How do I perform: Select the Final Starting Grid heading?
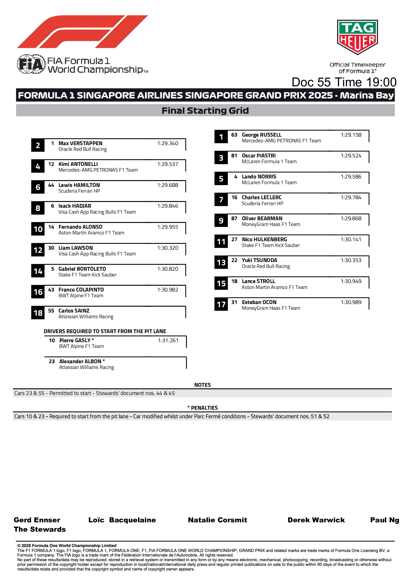click(x=205, y=111)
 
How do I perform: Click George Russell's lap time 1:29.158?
click(x=351, y=135)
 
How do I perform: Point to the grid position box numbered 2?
click(x=38, y=146)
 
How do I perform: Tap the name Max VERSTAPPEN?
click(x=81, y=143)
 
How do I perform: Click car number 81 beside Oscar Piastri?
click(x=234, y=156)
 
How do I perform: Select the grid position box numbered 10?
click(x=38, y=229)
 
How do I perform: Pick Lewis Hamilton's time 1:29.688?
click(x=168, y=185)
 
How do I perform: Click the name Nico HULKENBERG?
click(x=264, y=240)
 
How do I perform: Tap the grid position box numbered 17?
click(x=221, y=304)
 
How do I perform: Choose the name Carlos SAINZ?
click(x=74, y=311)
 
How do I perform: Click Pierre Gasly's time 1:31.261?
click(x=168, y=341)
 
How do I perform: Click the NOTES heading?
click(x=202, y=385)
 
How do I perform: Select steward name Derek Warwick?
click(x=316, y=520)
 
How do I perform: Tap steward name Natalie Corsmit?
click(x=217, y=520)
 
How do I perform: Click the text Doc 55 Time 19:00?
click(x=344, y=82)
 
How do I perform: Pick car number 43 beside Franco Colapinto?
click(x=51, y=290)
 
